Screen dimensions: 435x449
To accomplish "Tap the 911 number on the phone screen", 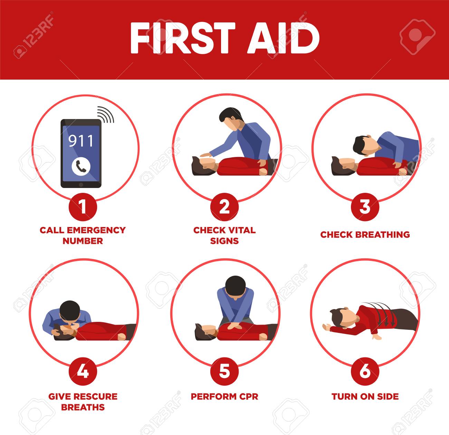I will click(x=81, y=141).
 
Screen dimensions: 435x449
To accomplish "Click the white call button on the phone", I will click(x=81, y=167).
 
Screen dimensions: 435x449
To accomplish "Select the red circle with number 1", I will click(x=83, y=207).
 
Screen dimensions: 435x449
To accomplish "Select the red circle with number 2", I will click(x=224, y=207).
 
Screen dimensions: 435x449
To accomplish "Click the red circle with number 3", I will click(x=365, y=207).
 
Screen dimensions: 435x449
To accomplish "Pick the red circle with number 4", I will click(x=83, y=371).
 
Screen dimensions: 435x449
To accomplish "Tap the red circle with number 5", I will click(x=224, y=371).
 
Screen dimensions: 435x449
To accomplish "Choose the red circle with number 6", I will click(x=365, y=371).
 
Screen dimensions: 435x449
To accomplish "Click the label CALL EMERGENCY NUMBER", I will click(x=83, y=235).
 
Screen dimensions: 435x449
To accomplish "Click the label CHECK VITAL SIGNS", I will click(x=224, y=235).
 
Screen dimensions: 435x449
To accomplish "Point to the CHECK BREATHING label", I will click(x=365, y=235).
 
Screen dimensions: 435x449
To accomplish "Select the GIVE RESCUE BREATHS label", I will click(x=83, y=402).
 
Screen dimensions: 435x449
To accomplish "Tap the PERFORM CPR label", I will click(x=224, y=396).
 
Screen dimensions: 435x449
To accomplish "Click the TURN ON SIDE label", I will click(x=365, y=396).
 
